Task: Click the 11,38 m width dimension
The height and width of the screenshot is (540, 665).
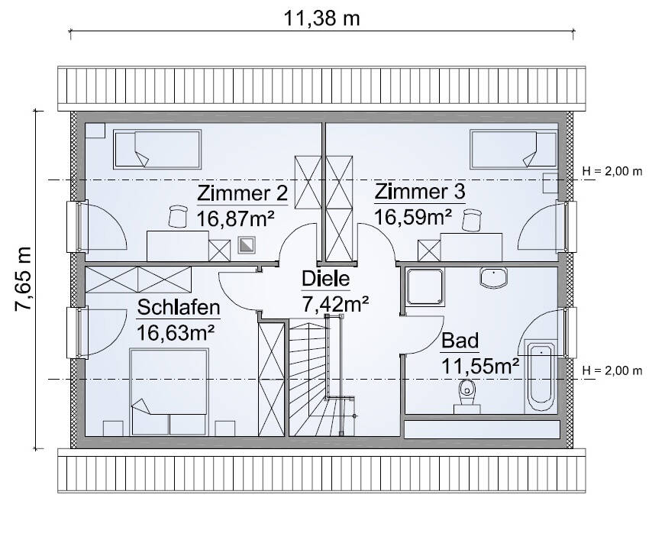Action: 321,18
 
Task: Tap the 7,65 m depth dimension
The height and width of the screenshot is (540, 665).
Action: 24,279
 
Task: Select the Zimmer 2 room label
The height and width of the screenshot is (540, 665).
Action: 243,193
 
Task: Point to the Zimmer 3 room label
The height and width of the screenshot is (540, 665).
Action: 419,192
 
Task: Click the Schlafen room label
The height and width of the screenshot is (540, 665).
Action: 179,308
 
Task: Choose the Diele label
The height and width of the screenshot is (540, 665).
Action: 326,279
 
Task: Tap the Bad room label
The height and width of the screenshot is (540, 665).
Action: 460,341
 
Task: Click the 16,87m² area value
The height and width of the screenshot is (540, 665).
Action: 235,219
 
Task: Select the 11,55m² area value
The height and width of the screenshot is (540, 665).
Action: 480,366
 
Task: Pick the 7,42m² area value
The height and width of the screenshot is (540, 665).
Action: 334,304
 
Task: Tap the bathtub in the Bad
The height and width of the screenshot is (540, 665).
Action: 541,376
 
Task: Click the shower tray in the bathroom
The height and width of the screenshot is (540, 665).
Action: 425,286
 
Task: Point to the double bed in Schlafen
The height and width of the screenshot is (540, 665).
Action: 169,392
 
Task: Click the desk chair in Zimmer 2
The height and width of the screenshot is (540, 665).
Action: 178,216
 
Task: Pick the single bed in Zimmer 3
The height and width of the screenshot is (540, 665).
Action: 514,149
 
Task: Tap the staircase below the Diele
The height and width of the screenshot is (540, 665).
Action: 322,377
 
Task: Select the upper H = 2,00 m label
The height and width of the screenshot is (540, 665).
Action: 612,171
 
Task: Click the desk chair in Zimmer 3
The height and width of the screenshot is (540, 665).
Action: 472,220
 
